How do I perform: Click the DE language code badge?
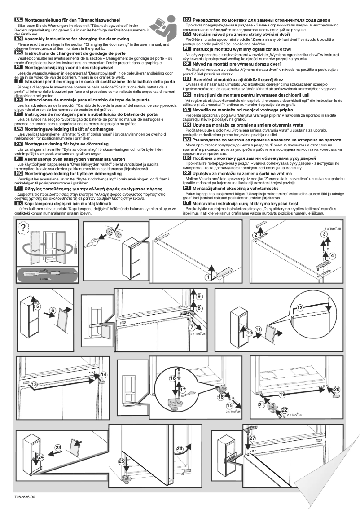[x=19, y=20]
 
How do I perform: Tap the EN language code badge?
[x=19, y=39]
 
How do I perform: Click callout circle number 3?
[x=323, y=234]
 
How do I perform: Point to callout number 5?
[x=38, y=306]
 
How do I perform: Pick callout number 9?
[x=199, y=296]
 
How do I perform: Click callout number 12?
[x=299, y=307]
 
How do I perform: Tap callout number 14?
[x=104, y=375]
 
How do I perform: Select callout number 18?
[x=172, y=378]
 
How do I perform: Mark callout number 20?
[x=336, y=389]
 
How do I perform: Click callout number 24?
[x=40, y=456]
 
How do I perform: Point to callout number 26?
[x=180, y=448]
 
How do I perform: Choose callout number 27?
[x=252, y=438]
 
